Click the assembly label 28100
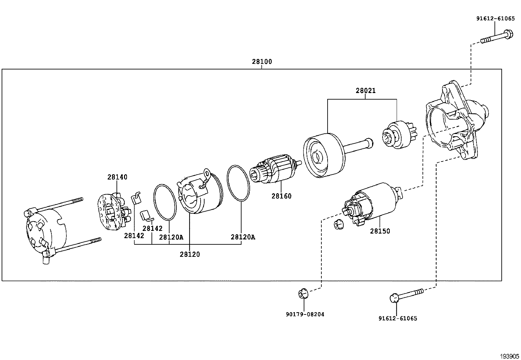pos(262,62)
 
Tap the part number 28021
pos(366,91)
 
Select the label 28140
pos(117,177)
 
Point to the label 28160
pos(281,196)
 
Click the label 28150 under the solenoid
pos(380,231)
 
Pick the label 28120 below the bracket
pos(189,254)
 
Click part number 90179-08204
pos(305,314)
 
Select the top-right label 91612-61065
pos(495,19)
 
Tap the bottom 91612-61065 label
pos(398,318)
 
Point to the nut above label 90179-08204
pos(303,294)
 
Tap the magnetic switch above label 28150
pos(373,203)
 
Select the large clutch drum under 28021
pos(324,156)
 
